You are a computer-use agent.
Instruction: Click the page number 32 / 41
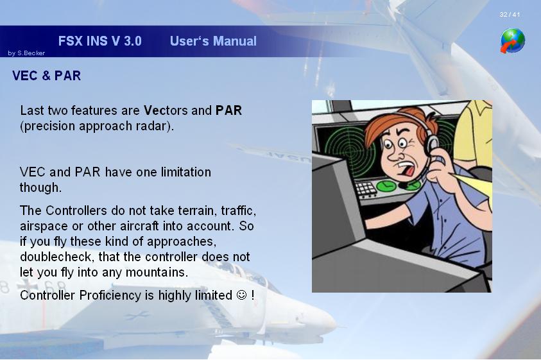510,15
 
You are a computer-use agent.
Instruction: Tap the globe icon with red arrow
513,41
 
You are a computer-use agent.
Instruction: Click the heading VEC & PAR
47,76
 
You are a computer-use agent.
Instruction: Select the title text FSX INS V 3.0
99,41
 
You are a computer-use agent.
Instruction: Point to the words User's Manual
213,41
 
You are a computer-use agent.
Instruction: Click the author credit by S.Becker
26,53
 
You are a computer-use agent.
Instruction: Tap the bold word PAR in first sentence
228,110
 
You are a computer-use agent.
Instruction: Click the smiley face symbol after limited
241,295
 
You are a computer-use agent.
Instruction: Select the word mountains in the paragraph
157,272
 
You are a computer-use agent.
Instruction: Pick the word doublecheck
57,257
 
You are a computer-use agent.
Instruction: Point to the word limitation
186,172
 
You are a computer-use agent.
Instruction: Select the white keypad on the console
366,189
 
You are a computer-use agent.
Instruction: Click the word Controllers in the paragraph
76,210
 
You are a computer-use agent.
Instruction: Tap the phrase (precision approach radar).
97,126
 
